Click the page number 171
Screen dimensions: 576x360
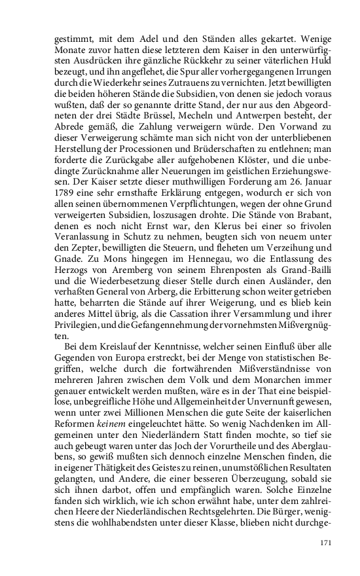pos(326,542)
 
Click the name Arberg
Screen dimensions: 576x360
pos(168,275)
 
